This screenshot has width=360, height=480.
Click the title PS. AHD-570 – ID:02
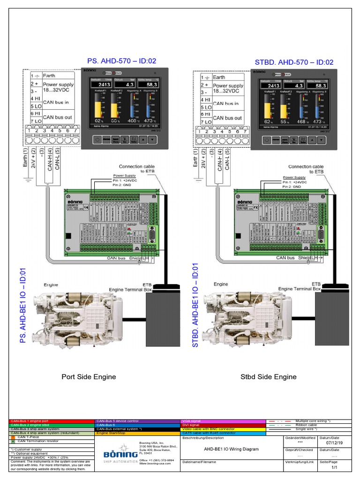coord(121,61)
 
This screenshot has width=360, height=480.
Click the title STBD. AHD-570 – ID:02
coord(294,62)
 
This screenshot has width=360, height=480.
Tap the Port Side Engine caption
coord(89,376)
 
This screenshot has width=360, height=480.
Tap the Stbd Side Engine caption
coord(268,376)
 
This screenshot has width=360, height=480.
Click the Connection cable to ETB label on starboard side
coord(306,169)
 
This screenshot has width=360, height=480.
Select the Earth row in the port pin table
coord(49,75)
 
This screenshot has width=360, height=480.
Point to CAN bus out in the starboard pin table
coord(227,118)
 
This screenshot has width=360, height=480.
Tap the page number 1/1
coord(334,467)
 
